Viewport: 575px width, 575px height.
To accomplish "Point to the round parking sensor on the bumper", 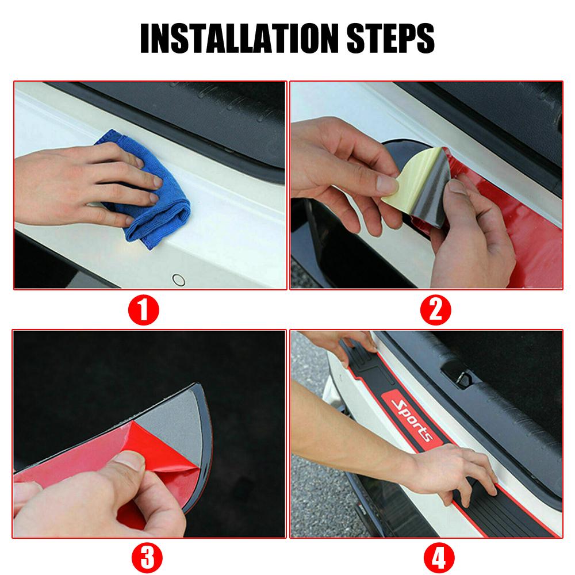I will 179,280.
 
